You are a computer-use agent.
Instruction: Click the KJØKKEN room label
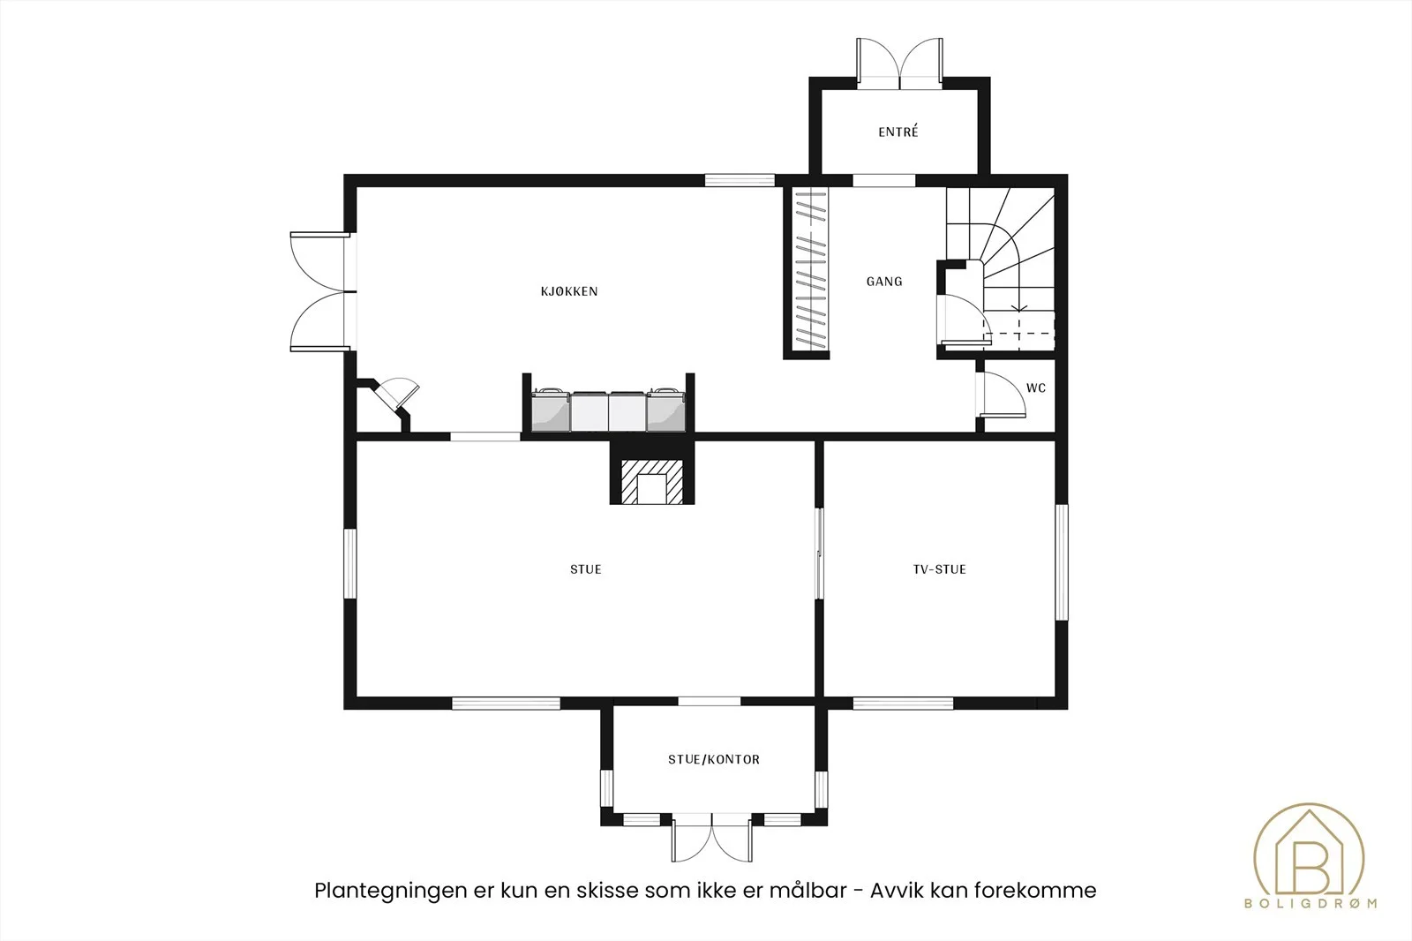point(568,291)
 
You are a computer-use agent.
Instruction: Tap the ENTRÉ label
point(898,132)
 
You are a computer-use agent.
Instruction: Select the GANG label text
point(883,282)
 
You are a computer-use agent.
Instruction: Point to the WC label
point(1036,388)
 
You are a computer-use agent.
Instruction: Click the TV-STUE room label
point(939,569)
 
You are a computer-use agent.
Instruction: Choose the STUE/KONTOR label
point(714,759)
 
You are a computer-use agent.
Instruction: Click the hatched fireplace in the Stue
point(652,482)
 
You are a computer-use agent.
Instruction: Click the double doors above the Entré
point(899,62)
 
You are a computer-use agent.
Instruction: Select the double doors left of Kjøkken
point(320,291)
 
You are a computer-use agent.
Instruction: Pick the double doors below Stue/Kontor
point(711,839)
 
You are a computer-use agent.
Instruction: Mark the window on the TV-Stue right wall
point(1062,562)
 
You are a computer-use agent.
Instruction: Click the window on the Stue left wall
point(349,562)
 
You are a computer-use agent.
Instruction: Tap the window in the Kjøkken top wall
point(740,180)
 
